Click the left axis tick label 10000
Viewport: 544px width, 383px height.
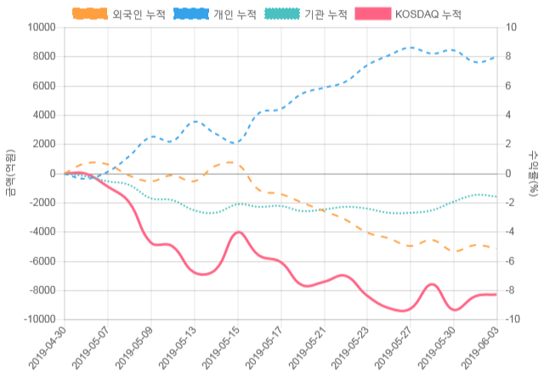(39, 27)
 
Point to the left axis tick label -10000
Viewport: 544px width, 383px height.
(37, 319)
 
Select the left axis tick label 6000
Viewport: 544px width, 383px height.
(42, 86)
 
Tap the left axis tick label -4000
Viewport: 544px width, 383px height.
(40, 232)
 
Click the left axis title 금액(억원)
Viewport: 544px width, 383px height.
(9, 174)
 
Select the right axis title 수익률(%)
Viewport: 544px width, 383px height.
(533, 174)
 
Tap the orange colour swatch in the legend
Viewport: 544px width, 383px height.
(90, 14)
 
